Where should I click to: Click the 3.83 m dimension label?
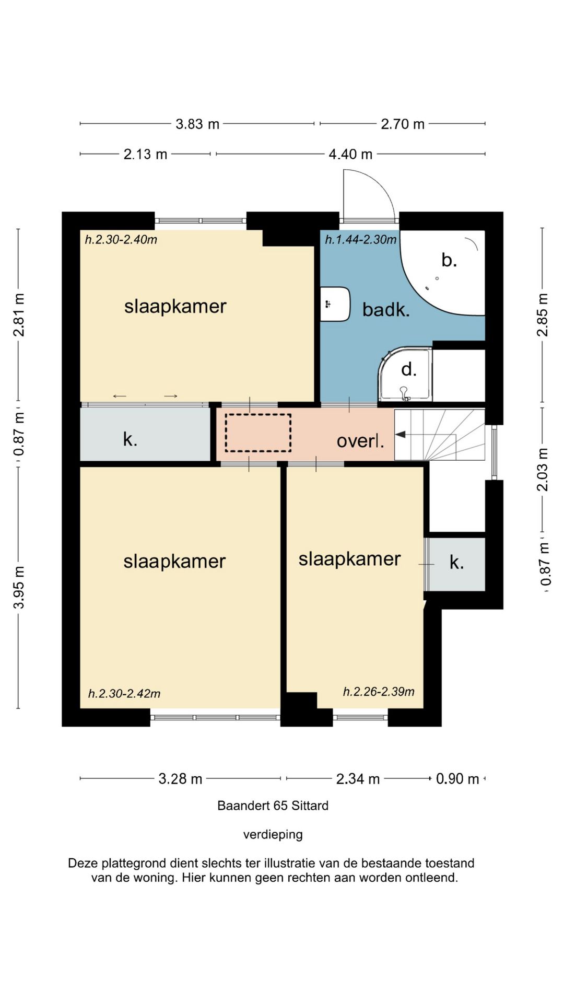point(197,124)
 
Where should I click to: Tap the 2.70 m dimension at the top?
point(403,124)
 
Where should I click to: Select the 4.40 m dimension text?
point(350,155)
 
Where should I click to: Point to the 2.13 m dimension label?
point(145,155)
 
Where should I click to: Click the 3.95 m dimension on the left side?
point(19,587)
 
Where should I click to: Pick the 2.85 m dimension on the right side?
point(543,315)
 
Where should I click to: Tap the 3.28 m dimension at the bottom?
point(180,779)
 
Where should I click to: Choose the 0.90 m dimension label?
point(457,779)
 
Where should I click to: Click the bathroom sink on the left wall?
point(335,304)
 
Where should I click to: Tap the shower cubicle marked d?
point(405,374)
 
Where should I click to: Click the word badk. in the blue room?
point(386,310)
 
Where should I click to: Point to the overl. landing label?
point(360,441)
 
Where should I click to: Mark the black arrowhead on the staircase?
point(401,434)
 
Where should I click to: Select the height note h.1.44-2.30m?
point(361,240)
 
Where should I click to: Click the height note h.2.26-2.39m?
point(379,692)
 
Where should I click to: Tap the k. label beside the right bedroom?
point(457,563)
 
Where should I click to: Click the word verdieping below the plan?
point(273,835)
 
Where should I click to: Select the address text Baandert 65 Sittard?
point(273,806)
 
